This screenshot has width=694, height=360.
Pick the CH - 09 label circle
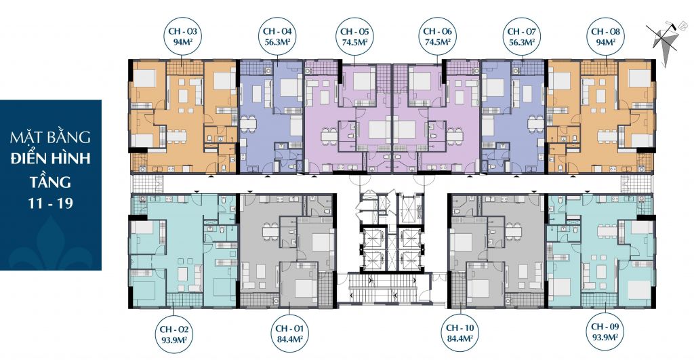[x=605, y=332]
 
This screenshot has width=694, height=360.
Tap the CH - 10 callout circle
[x=460, y=333]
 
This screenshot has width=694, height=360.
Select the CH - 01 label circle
[x=289, y=334]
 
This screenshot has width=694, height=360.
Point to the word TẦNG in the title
[x=50, y=182]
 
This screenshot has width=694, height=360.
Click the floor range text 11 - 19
[x=50, y=203]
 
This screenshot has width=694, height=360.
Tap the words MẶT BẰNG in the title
[x=50, y=137]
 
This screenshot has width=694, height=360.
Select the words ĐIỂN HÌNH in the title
[x=50, y=158]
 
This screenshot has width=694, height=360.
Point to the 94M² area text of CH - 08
[x=605, y=42]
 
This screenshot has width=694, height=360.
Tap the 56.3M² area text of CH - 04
[x=277, y=42]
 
